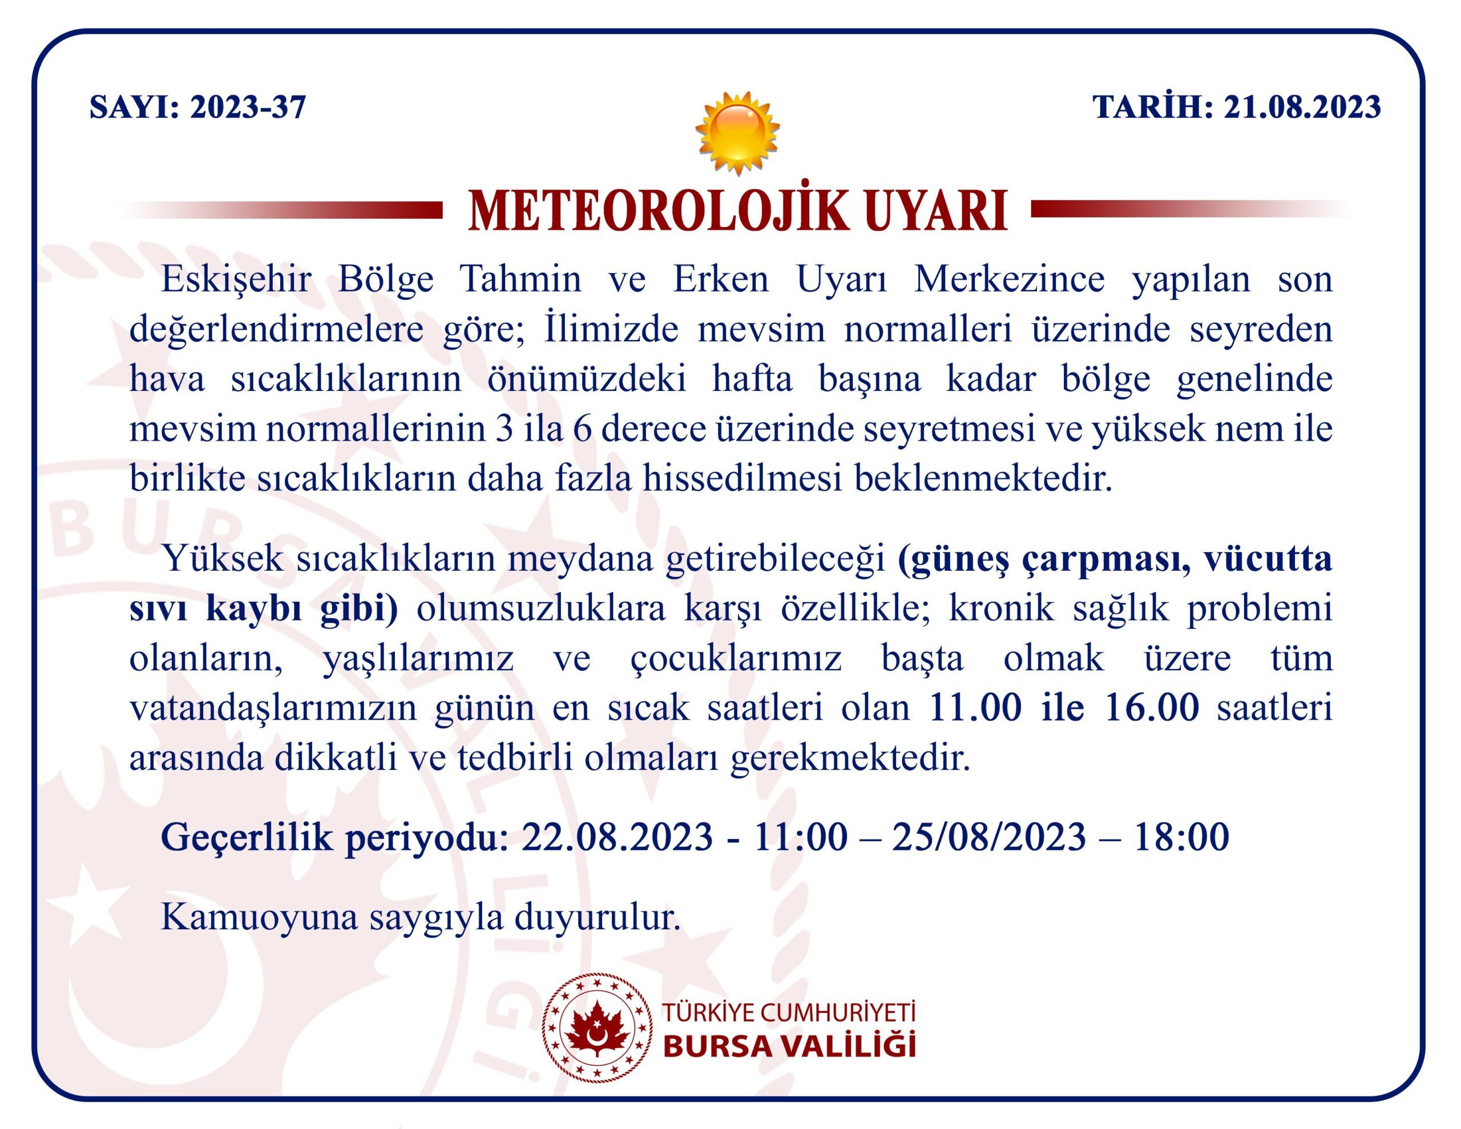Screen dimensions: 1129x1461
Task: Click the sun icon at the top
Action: click(737, 133)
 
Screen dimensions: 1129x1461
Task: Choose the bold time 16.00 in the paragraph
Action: click(1152, 709)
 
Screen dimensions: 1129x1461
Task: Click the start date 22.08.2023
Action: click(617, 837)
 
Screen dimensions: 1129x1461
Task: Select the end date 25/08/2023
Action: click(988, 837)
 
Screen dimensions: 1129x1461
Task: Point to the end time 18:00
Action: click(1181, 837)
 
